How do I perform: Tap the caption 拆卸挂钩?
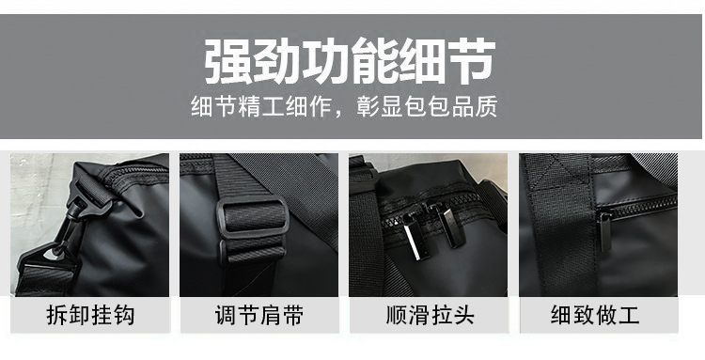[90, 314]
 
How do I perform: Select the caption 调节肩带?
[259, 314]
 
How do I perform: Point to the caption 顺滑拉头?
[429, 314]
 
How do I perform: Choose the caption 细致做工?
[598, 314]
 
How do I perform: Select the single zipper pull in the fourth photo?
[605, 231]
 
